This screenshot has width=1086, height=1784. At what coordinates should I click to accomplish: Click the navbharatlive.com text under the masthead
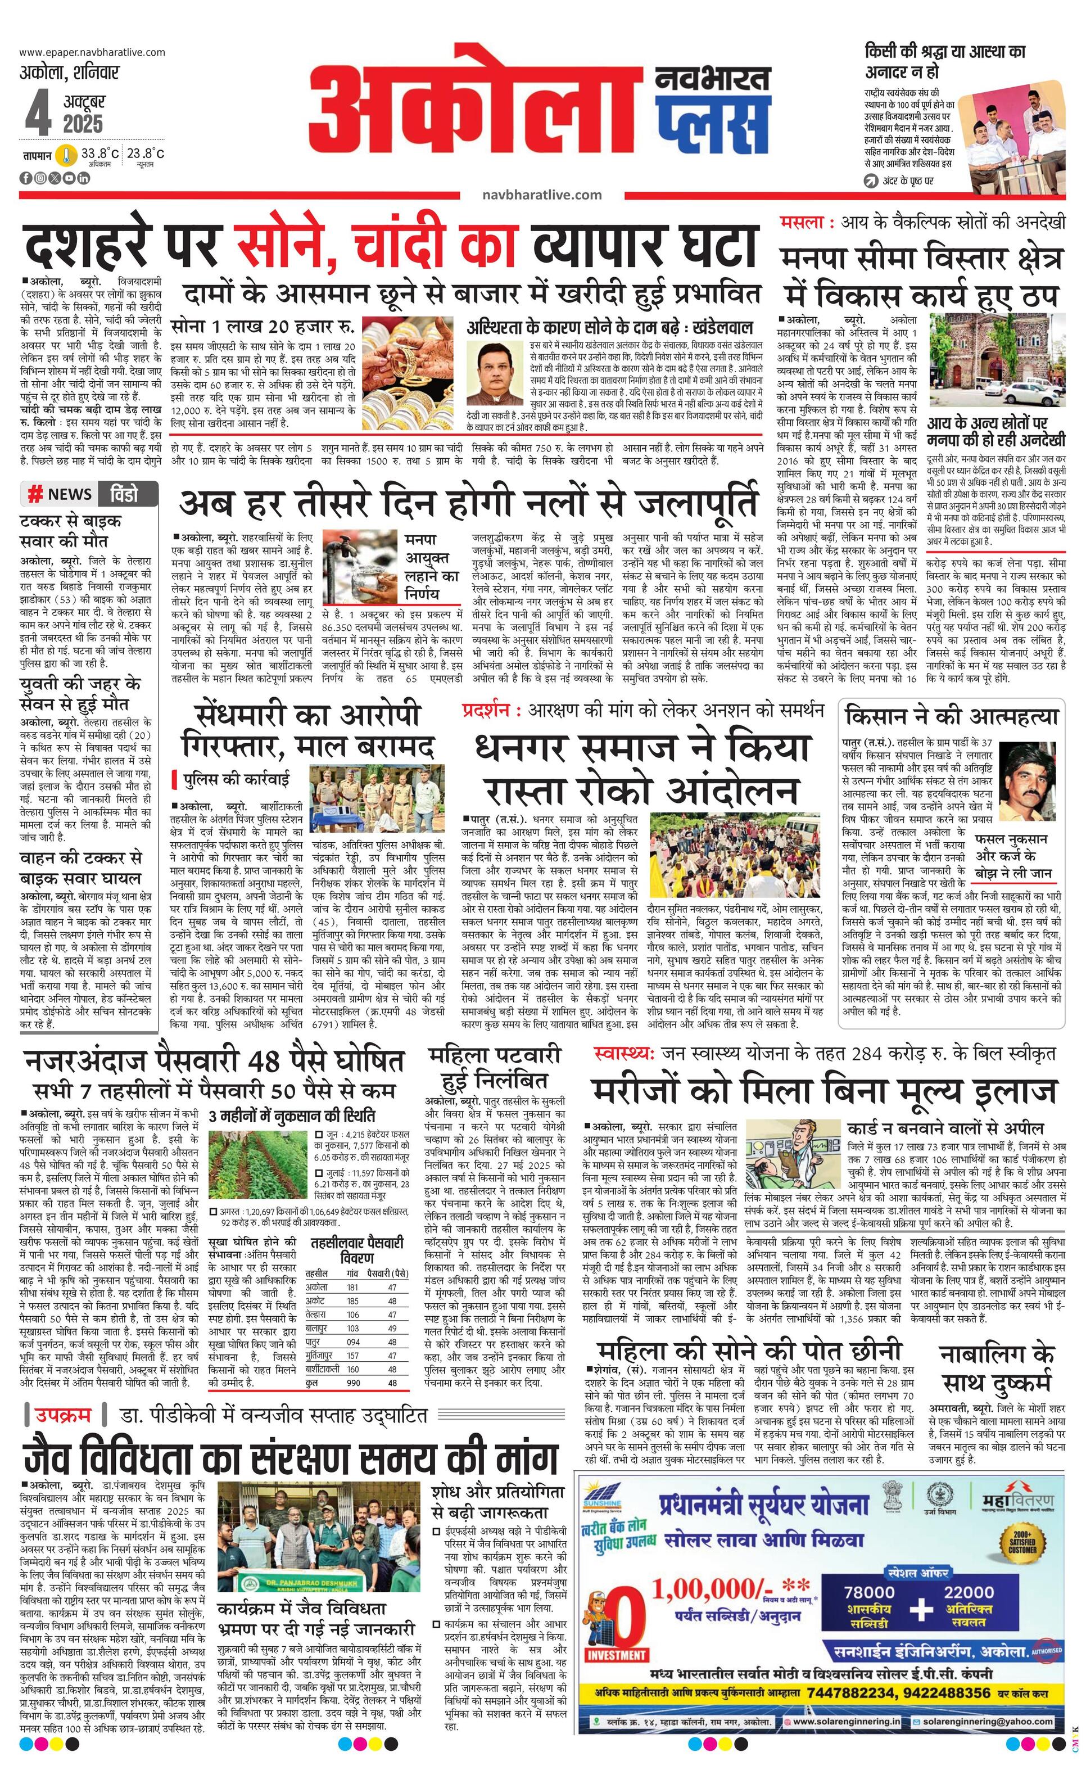tap(541, 195)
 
